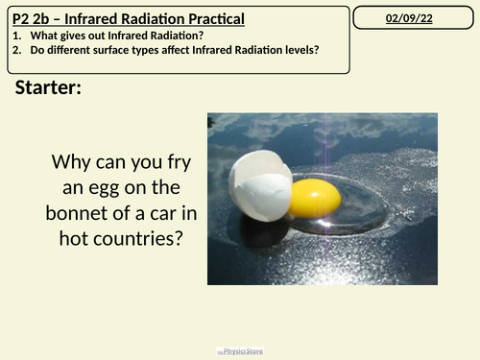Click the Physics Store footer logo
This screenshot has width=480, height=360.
click(239, 352)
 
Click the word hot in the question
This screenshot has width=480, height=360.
click(68, 236)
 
